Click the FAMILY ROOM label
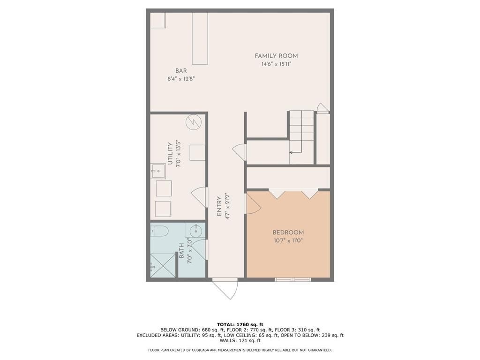(276, 56)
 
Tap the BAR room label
(181, 71)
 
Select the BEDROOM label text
(288, 232)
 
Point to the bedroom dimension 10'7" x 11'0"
(288, 240)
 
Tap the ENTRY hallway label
(219, 206)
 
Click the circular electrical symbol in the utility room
(193, 122)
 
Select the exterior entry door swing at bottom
(226, 288)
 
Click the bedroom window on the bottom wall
(292, 280)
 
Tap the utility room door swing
(199, 198)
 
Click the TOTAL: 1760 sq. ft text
(240, 324)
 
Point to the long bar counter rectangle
(200, 38)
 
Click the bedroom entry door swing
(253, 204)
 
